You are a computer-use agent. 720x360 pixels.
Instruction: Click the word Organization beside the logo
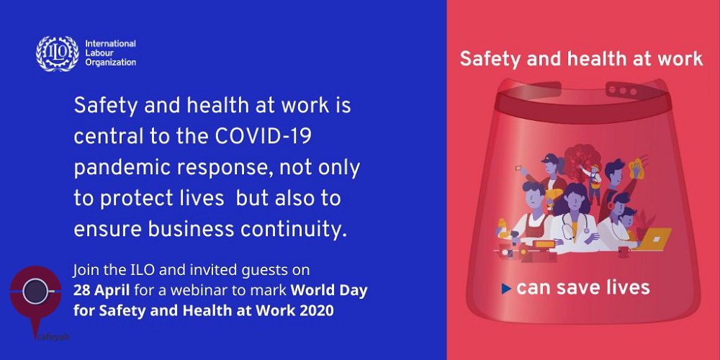coord(111,63)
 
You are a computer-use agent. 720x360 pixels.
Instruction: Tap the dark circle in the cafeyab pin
coord(35,292)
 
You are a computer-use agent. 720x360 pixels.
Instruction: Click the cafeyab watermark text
coord(53,337)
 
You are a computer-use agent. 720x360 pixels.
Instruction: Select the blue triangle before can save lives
coord(506,289)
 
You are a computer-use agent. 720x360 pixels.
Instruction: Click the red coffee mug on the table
coord(624,251)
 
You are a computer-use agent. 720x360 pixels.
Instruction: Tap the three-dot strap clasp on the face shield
coord(622,91)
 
